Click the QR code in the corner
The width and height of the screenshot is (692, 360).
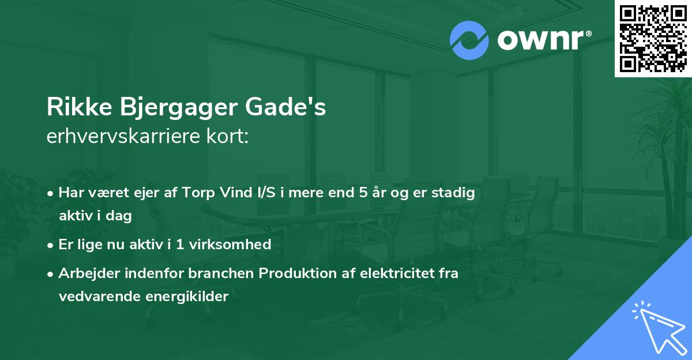pyautogui.click(x=653, y=38)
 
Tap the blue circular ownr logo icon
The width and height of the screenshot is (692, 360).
pyautogui.click(x=469, y=40)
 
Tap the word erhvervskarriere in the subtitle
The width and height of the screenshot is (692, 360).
pyautogui.click(x=121, y=138)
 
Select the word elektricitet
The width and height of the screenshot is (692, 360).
pyautogui.click(x=389, y=273)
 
